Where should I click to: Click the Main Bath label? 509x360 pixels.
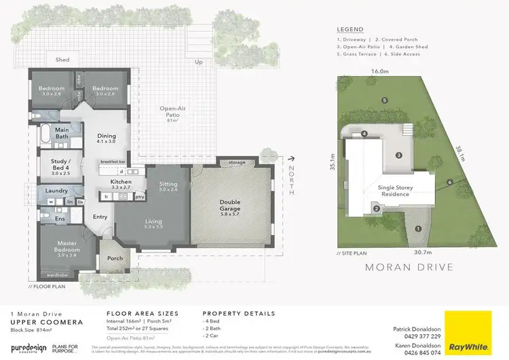pyautogui.click(x=62, y=132)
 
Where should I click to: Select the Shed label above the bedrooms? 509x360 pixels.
pyautogui.click(x=62, y=60)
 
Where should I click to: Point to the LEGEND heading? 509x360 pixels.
pyautogui.click(x=350, y=29)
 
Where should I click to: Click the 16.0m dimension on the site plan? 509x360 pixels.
pyautogui.click(x=380, y=71)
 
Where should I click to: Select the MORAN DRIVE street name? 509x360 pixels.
pyautogui.click(x=409, y=267)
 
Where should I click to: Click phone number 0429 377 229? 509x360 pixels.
pyautogui.click(x=422, y=336)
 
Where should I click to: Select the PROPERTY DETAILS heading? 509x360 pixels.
pyautogui.click(x=239, y=313)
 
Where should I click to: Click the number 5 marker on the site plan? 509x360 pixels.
pyautogui.click(x=384, y=101)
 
